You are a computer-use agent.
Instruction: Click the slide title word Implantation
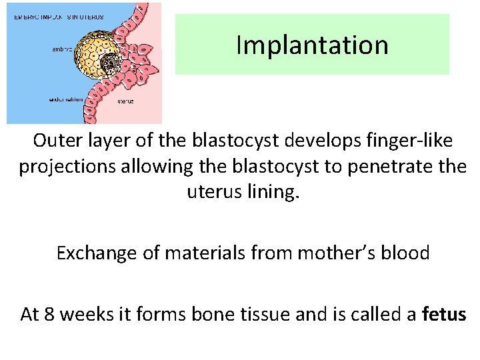point(312,45)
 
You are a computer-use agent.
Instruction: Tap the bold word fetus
point(444,314)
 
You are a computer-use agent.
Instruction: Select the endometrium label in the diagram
point(66,99)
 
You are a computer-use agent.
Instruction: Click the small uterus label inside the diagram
point(125,101)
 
